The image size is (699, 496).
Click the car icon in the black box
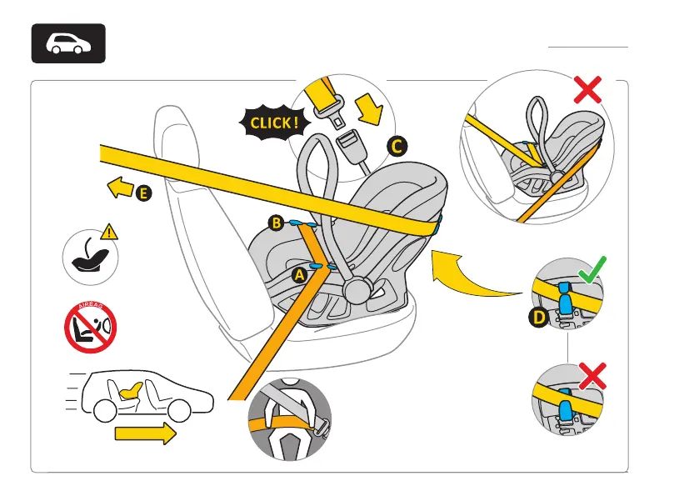68,43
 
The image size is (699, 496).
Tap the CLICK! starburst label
271,123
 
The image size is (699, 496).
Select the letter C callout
397,147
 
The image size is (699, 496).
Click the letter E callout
144,193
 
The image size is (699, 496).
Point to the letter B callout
277,222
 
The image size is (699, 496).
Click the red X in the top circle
588,90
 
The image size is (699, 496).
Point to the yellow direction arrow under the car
146,433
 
